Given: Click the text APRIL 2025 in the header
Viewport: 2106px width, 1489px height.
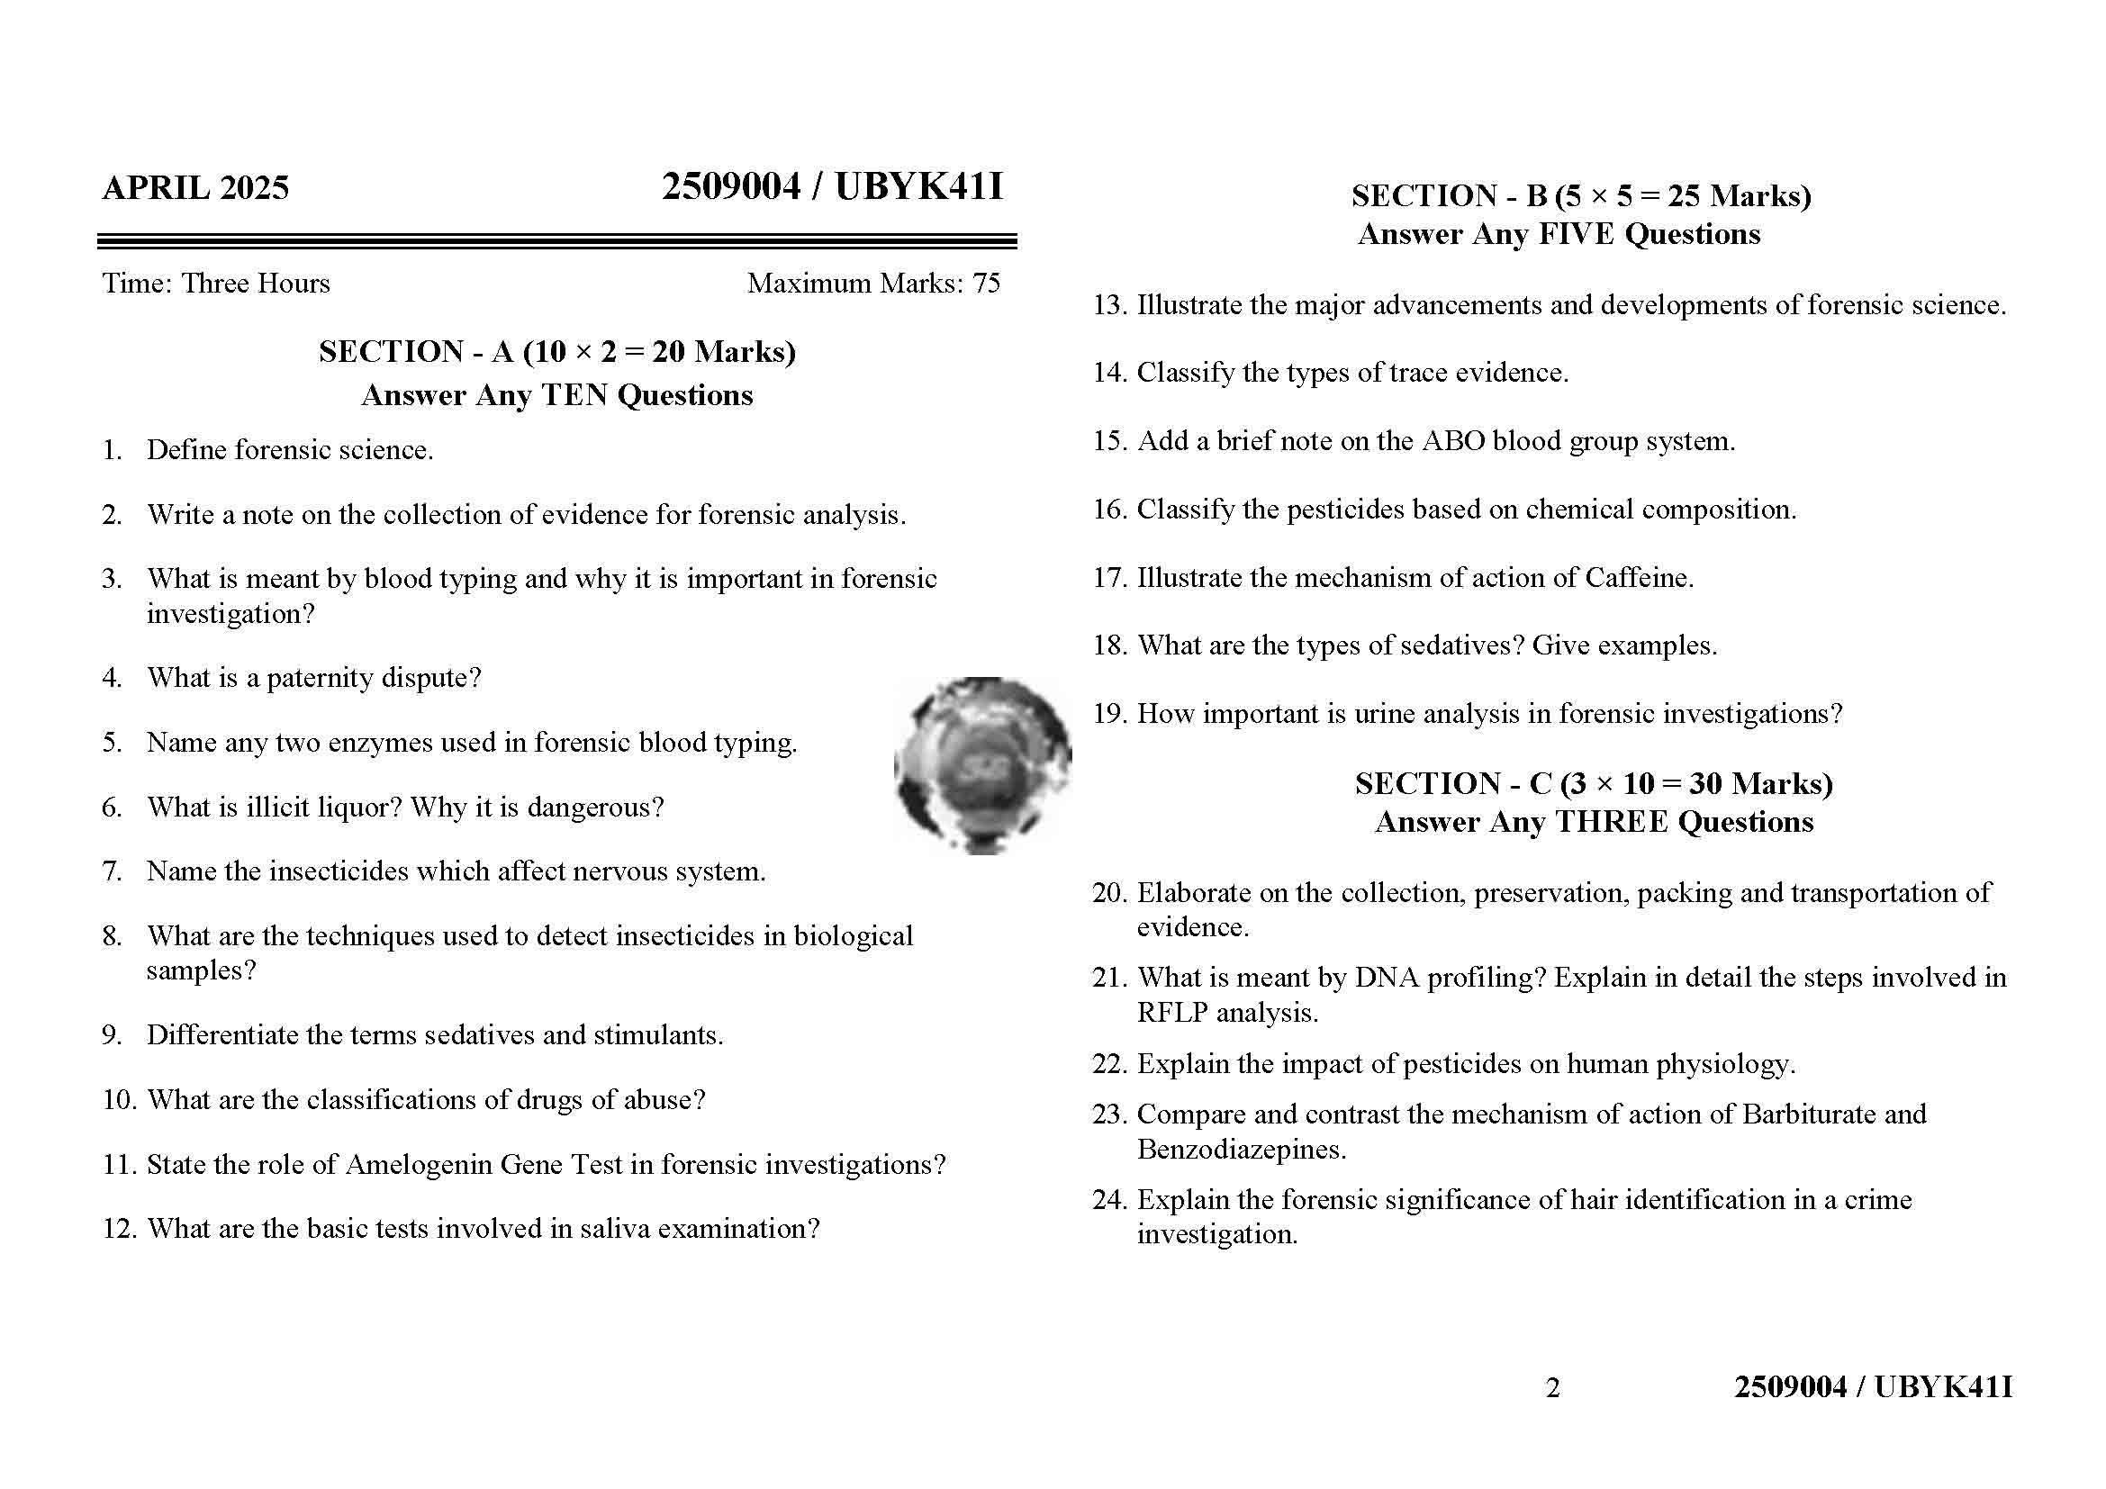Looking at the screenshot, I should tap(195, 188).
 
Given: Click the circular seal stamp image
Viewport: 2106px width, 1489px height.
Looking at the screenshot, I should tap(982, 765).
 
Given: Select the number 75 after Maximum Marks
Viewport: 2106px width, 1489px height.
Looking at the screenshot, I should tap(986, 284).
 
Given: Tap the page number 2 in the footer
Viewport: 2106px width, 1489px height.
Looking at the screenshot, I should tap(1552, 1388).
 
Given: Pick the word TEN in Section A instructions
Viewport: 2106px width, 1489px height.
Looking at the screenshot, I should tap(575, 395).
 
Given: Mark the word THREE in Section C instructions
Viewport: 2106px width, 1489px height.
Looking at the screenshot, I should tap(1612, 823).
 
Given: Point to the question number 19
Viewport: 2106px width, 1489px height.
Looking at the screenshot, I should tap(1109, 714).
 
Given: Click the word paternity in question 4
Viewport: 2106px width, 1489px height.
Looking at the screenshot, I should tap(321, 679).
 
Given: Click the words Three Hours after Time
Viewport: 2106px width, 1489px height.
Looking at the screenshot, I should tap(255, 284).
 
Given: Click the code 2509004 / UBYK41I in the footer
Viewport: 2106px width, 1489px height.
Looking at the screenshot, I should tap(1873, 1387).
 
